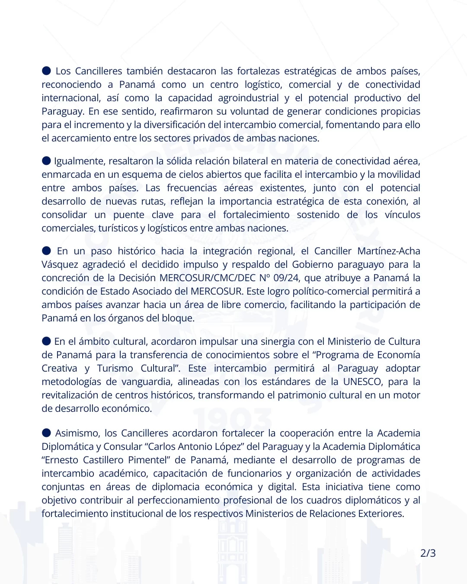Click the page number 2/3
pyautogui.click(x=428, y=553)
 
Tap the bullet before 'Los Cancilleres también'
pyautogui.click(x=46, y=71)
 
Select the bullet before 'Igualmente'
pyautogui.click(x=46, y=160)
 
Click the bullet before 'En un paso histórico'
pyautogui.click(x=46, y=250)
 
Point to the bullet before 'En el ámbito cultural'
pyautogui.click(x=46, y=341)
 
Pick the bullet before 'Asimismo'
pyautogui.click(x=46, y=433)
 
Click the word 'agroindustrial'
pyautogui.click(x=248, y=98)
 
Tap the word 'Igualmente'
pyautogui.click(x=80, y=161)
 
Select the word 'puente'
pyautogui.click(x=128, y=215)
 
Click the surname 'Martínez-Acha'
pyautogui.click(x=389, y=251)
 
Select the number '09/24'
pyautogui.click(x=286, y=278)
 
